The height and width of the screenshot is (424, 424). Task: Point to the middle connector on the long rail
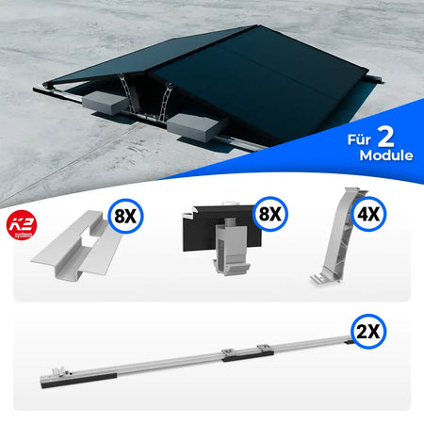[x=226, y=353]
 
